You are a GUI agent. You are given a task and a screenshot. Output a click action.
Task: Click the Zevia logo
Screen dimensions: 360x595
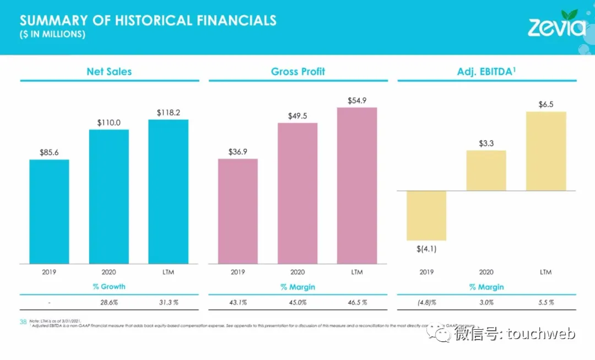[x=556, y=25]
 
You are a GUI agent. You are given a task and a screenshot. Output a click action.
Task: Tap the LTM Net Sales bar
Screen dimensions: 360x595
[x=168, y=191]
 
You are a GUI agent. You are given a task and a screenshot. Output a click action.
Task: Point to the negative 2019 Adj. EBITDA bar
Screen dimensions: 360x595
[x=426, y=216]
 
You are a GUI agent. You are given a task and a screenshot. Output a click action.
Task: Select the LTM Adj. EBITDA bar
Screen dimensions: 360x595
[x=546, y=151]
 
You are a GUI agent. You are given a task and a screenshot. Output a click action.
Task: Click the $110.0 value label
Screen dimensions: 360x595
[x=109, y=123]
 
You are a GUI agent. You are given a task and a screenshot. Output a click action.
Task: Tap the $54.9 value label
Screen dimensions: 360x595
[x=357, y=101]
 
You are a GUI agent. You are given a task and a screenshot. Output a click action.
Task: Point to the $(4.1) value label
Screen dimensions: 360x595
[x=426, y=249]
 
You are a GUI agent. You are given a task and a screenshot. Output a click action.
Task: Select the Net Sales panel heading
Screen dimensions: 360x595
[x=109, y=72]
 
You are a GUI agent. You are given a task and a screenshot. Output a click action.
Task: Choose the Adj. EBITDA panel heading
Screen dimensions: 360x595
[x=486, y=72]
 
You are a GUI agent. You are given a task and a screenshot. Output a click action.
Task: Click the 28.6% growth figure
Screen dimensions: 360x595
[x=109, y=302]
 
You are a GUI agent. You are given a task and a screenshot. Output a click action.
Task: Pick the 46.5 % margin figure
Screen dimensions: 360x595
[x=357, y=302]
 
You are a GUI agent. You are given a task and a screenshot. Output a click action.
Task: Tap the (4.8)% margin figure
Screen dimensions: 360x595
[x=426, y=302]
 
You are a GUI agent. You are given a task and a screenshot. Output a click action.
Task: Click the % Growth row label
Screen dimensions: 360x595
[x=109, y=287]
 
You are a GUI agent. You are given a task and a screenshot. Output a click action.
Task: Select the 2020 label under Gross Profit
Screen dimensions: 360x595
[x=297, y=272]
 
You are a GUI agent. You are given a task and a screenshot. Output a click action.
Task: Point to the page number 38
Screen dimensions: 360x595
[x=24, y=321]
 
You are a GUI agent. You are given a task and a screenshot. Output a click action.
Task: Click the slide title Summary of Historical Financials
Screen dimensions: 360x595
[x=148, y=21]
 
